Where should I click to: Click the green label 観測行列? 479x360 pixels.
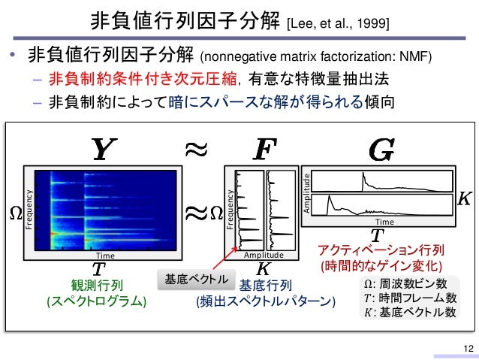pos(97,286)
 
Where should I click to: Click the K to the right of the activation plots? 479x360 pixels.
pos(465,198)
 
